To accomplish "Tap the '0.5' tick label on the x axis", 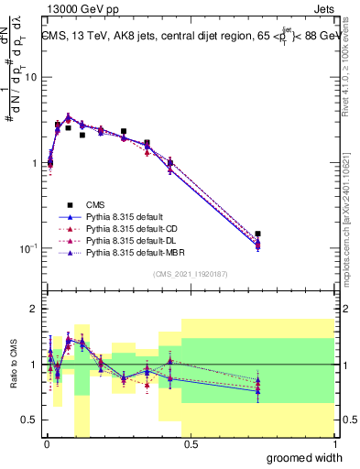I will (191, 444).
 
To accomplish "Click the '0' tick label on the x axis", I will (47, 444).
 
